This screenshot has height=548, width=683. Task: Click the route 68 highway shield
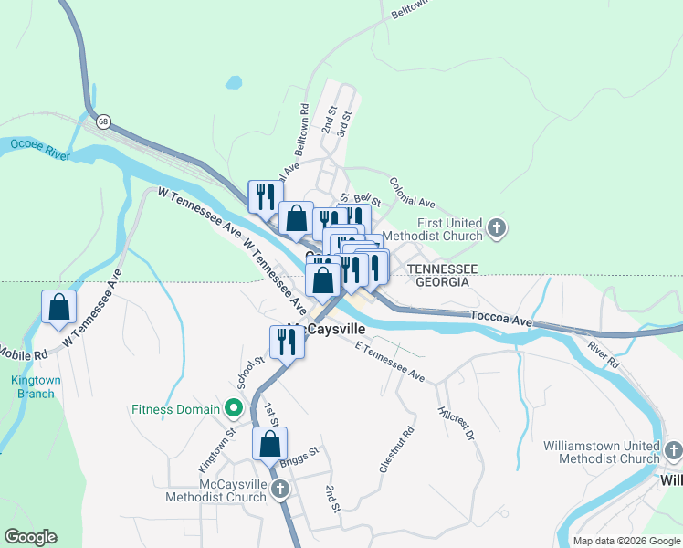click(x=103, y=121)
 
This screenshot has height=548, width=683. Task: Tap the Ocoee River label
click(x=40, y=149)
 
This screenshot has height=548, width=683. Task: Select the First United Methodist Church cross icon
click(x=497, y=228)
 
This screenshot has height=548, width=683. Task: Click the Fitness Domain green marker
click(x=234, y=409)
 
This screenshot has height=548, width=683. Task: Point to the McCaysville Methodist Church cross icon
click(x=280, y=490)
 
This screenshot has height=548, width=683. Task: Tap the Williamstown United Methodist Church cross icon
click(x=674, y=450)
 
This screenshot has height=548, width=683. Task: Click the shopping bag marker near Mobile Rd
click(x=59, y=309)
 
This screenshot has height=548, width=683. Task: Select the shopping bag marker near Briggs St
click(x=269, y=445)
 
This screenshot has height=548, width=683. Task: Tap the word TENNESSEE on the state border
click(x=443, y=269)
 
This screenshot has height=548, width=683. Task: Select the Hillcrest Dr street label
click(x=457, y=424)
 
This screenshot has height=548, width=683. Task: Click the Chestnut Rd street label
click(x=396, y=449)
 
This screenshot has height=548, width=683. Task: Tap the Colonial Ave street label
click(x=413, y=193)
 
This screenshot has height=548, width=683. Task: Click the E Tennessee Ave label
click(x=390, y=362)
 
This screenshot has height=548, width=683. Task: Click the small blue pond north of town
click(x=234, y=82)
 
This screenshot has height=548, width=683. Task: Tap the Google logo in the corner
click(x=30, y=537)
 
